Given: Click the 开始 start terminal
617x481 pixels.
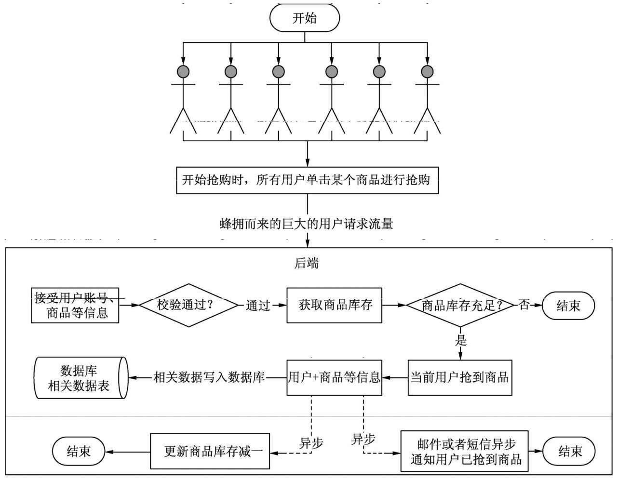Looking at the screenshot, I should pos(305,18).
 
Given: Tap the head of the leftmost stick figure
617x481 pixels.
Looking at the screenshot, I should pos(183,72).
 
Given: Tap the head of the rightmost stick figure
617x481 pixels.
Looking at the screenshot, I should pos(427,72).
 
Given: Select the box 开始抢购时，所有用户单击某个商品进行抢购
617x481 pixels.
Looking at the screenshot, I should pos(307,181).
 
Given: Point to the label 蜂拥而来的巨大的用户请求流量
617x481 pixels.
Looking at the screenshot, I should pos(307,224).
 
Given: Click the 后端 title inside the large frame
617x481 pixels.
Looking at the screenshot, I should pos(307,263).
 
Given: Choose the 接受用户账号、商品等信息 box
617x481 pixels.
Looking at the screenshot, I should pos(75,306).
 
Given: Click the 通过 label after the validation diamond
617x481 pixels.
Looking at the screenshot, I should pos(258,305).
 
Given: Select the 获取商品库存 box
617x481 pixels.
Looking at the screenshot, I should pos(335,305).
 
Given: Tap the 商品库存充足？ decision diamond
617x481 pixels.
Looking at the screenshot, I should pos(460,306).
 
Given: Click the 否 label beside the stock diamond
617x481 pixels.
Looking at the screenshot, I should pos(524,305).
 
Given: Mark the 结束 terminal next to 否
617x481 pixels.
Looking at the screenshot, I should pos(568,306).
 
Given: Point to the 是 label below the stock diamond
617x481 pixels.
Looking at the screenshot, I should pos(461,341).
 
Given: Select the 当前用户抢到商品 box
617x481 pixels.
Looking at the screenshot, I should pos(460,377).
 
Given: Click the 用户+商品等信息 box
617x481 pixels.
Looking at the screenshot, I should pos(334,377).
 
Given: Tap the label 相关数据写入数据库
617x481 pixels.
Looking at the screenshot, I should pos(209,377).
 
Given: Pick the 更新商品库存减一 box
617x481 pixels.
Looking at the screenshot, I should pos(210,452).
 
